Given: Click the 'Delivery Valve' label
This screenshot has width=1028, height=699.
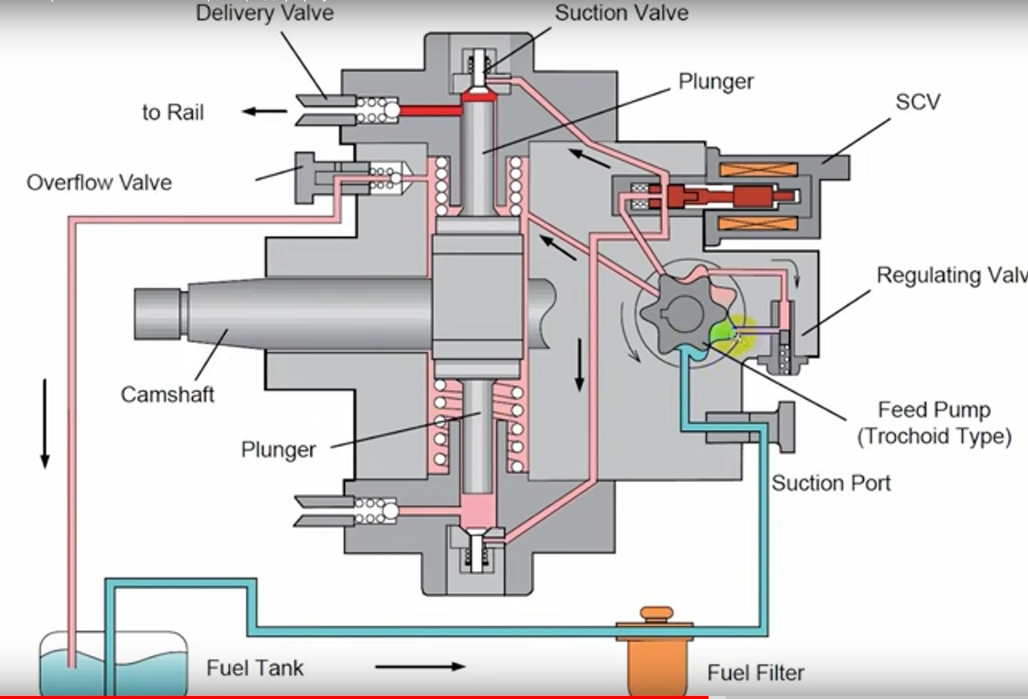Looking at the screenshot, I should tap(264, 13).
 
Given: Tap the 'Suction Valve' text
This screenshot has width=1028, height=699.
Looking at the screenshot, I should tap(621, 13).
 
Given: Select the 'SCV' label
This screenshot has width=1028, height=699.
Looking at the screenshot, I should tap(918, 102).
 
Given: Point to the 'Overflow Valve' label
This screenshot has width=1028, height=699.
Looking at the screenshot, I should tap(99, 183).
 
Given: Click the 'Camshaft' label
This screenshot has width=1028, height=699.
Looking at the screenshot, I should tap(167, 394).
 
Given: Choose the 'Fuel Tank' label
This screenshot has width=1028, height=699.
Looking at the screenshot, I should tap(255, 668).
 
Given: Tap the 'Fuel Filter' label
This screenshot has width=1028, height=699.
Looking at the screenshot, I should tap(755, 673).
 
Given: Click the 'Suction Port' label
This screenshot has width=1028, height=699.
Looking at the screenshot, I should tap(831, 483).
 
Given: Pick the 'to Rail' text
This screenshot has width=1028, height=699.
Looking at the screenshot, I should tap(173, 112).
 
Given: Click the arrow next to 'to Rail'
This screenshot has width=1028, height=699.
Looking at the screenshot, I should tap(264, 111).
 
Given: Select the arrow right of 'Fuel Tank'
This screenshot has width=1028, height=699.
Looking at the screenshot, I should tap(420, 667).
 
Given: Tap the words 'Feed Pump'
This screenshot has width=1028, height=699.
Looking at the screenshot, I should tap(934, 410).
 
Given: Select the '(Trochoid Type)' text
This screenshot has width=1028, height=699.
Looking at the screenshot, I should tap(934, 436).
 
